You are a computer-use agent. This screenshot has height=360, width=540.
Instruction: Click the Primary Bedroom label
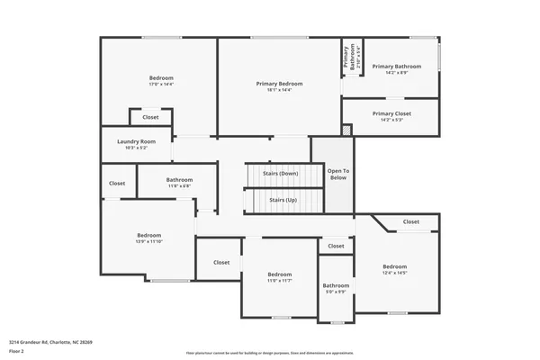coord(284,84)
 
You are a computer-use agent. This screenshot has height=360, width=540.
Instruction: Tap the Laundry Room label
coord(137,141)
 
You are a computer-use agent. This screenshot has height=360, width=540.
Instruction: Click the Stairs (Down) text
coord(280,173)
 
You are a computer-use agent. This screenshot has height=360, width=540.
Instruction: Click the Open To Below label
coord(337,174)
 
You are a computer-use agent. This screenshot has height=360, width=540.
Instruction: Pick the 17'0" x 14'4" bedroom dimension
coord(161,84)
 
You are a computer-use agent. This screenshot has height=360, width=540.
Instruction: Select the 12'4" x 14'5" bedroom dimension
coord(394,273)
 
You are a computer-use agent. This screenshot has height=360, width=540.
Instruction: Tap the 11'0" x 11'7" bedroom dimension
coord(279,281)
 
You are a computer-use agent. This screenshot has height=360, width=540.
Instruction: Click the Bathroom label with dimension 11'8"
coord(179,180)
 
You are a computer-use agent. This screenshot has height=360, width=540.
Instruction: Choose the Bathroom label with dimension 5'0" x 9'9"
coord(336,285)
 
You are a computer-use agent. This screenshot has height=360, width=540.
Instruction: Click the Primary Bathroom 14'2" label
coord(396,66)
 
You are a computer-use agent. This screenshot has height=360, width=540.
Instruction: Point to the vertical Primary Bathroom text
coord(346,58)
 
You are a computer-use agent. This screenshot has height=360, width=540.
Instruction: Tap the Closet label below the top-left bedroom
coord(150,117)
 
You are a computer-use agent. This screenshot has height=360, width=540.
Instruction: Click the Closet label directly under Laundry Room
coord(117,184)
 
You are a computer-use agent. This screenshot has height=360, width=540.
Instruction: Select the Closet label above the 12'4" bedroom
coord(410,221)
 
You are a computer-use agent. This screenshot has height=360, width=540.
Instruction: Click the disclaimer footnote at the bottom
coord(270,352)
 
